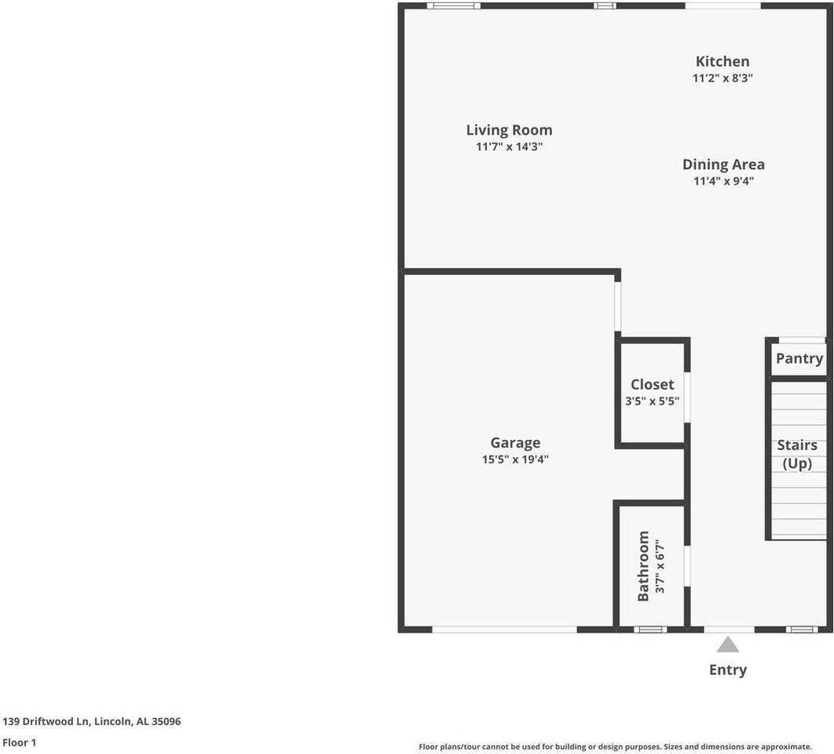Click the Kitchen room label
coord(722,61)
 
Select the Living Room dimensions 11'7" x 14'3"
coord(509,147)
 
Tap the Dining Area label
coord(722,164)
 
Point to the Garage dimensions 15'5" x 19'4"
coord(515,459)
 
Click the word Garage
coord(515,443)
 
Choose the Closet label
coord(652,384)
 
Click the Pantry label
coord(799,358)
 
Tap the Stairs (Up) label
coord(797,454)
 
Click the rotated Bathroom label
coord(643,566)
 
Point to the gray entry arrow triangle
coord(728,645)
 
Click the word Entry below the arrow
coord(728,670)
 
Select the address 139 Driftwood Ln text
coord(92,721)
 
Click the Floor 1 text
coord(20,742)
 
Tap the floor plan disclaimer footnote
coord(615,747)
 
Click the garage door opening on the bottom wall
coord(504,629)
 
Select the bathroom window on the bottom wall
coord(650,629)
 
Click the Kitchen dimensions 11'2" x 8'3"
coord(722,78)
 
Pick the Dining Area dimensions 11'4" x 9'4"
coord(722,181)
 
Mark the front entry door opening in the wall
coord(729,629)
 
